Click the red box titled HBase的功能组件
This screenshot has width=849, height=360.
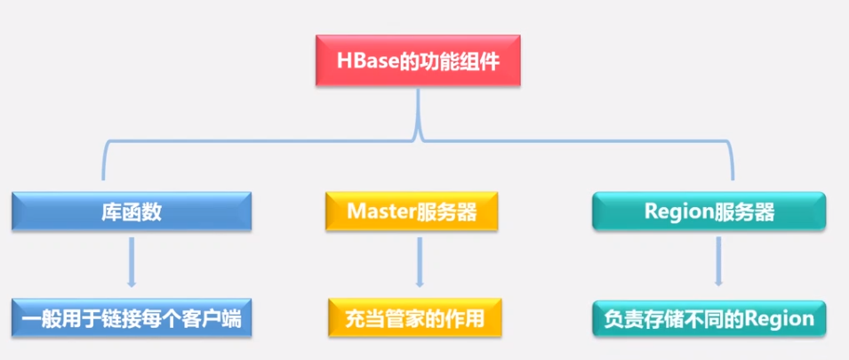[x=417, y=63]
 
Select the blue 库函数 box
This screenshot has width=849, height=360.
[x=132, y=212]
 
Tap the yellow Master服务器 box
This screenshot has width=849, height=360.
[x=412, y=212]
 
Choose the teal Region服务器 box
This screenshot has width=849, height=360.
[x=709, y=212]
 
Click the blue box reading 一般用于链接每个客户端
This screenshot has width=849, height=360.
[x=132, y=318]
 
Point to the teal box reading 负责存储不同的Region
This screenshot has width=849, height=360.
[x=709, y=318]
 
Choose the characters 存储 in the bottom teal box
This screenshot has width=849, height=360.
[x=659, y=318]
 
